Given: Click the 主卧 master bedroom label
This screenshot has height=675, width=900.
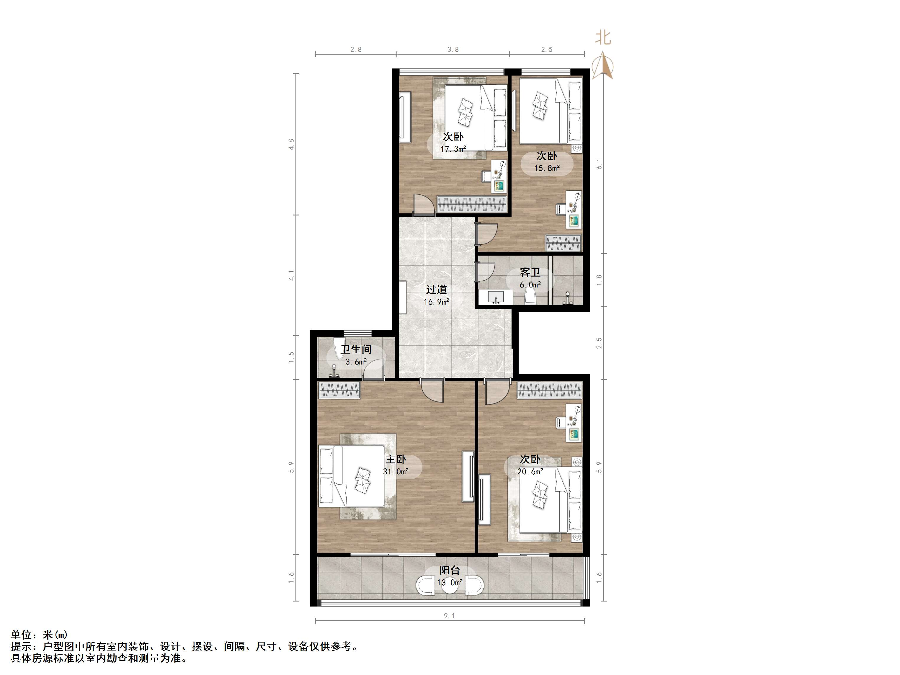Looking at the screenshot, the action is pos(396,459).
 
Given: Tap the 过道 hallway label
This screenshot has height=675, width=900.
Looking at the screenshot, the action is pos(437,290).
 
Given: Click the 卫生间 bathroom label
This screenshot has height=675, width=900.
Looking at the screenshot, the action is pos(356,349).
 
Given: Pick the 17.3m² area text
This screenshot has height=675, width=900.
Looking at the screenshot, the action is pos(453,149).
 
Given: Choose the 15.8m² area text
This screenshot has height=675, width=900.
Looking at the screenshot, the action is pos(547,168).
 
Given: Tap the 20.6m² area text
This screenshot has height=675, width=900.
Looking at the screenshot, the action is pos(530,472).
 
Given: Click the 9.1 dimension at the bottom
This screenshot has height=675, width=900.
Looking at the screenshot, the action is pos(449,616).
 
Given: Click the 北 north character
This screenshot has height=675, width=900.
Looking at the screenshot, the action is pos(603,38).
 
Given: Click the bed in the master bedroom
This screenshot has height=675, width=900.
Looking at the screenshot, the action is pos(352,476).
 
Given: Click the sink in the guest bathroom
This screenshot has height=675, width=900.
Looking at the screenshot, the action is pos(496,297).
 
